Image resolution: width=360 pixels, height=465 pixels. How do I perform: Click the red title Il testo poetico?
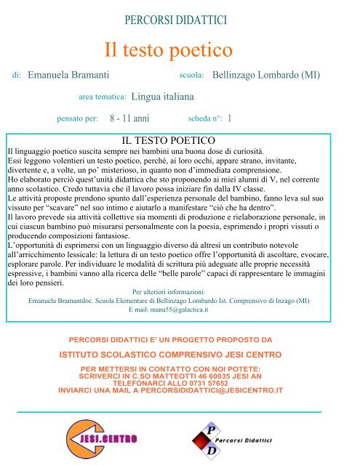coord(168,50)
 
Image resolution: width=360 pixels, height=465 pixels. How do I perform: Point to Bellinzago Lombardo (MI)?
coord(265,75)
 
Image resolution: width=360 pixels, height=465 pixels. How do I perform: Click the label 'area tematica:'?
coord(102,96)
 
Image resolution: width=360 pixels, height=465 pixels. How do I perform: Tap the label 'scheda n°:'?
coord(204,117)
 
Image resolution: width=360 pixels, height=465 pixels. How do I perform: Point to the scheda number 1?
coord(230,117)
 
